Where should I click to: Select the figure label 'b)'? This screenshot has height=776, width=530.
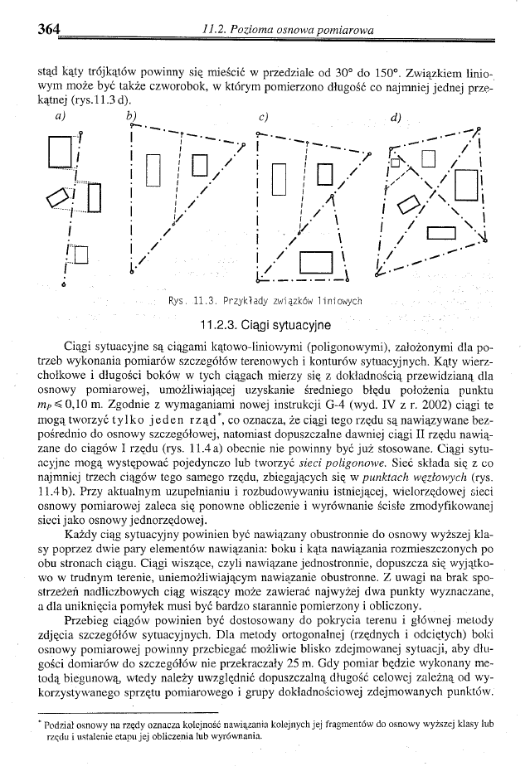click(x=132, y=115)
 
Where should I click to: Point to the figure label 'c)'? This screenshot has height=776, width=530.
click(x=262, y=117)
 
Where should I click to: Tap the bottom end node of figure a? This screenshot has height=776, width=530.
click(x=64, y=285)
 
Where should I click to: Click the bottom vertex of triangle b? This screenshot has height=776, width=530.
click(x=133, y=270)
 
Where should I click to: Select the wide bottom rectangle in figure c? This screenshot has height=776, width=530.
click(x=317, y=263)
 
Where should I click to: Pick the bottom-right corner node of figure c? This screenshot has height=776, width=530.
click(x=347, y=278)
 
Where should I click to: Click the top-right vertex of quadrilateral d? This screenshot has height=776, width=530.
click(x=478, y=129)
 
